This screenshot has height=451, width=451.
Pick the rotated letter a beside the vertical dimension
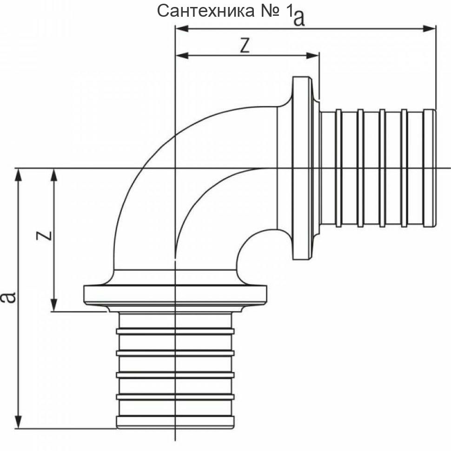coord(8,297)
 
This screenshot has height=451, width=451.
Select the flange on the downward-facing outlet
coord(175,294)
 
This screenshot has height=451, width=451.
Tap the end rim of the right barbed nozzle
coord(430,168)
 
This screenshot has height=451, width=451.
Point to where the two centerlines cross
coord(175,168)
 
